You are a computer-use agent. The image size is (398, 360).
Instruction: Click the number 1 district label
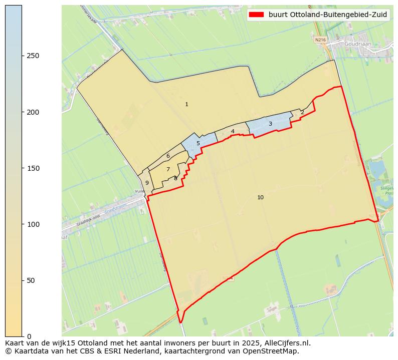click(x=186, y=105)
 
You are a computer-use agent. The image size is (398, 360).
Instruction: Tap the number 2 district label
click(x=302, y=113)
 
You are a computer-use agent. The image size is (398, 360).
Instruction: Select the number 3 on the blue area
click(x=270, y=124)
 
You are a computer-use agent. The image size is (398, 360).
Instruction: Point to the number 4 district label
click(x=233, y=132)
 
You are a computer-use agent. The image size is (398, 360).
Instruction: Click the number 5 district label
click(x=198, y=144)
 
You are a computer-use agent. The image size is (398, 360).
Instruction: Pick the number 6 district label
click(x=168, y=156)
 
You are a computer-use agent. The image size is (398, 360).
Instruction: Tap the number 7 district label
click(x=168, y=170)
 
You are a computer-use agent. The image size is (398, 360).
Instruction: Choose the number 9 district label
click(x=147, y=183)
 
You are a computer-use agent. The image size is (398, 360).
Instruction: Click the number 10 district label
click(x=260, y=198)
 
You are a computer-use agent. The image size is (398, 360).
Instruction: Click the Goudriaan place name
click(x=358, y=44)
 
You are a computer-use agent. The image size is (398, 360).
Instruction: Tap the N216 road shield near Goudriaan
click(x=320, y=39)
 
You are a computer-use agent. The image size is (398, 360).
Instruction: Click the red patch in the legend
click(x=257, y=15)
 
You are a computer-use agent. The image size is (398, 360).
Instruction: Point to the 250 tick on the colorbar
click(x=34, y=56)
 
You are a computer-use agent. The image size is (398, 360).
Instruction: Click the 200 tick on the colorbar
click(x=34, y=112)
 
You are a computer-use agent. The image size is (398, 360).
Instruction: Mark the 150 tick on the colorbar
click(x=34, y=168)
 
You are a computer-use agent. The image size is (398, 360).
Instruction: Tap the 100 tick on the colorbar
click(x=34, y=224)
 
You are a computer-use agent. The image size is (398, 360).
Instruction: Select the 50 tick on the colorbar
click(x=32, y=280)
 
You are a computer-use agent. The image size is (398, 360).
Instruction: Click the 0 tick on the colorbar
click(x=29, y=336)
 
